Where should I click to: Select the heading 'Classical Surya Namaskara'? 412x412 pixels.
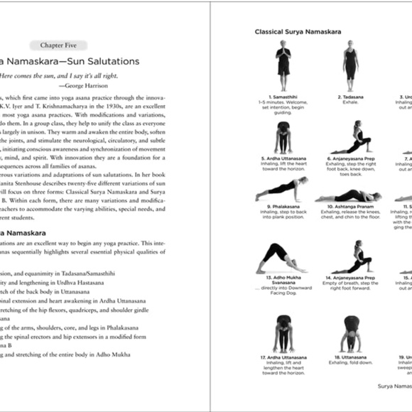[298, 32]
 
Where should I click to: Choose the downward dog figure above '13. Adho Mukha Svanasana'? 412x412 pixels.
[283, 257]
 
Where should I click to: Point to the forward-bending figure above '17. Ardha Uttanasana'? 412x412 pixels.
[283, 332]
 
